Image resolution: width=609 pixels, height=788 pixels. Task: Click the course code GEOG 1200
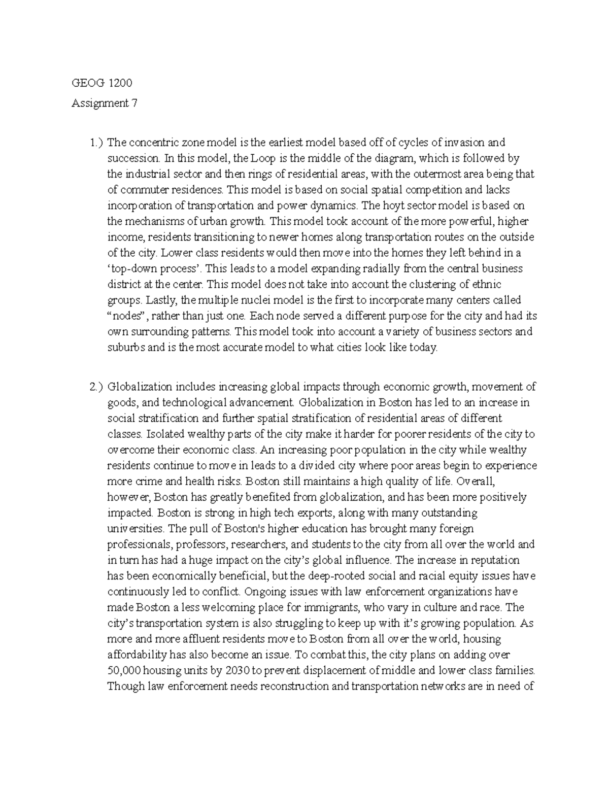102,84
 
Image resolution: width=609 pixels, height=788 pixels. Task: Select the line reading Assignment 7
104,104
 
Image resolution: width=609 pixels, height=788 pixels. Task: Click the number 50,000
124,670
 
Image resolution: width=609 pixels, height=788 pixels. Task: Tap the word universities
136,528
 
